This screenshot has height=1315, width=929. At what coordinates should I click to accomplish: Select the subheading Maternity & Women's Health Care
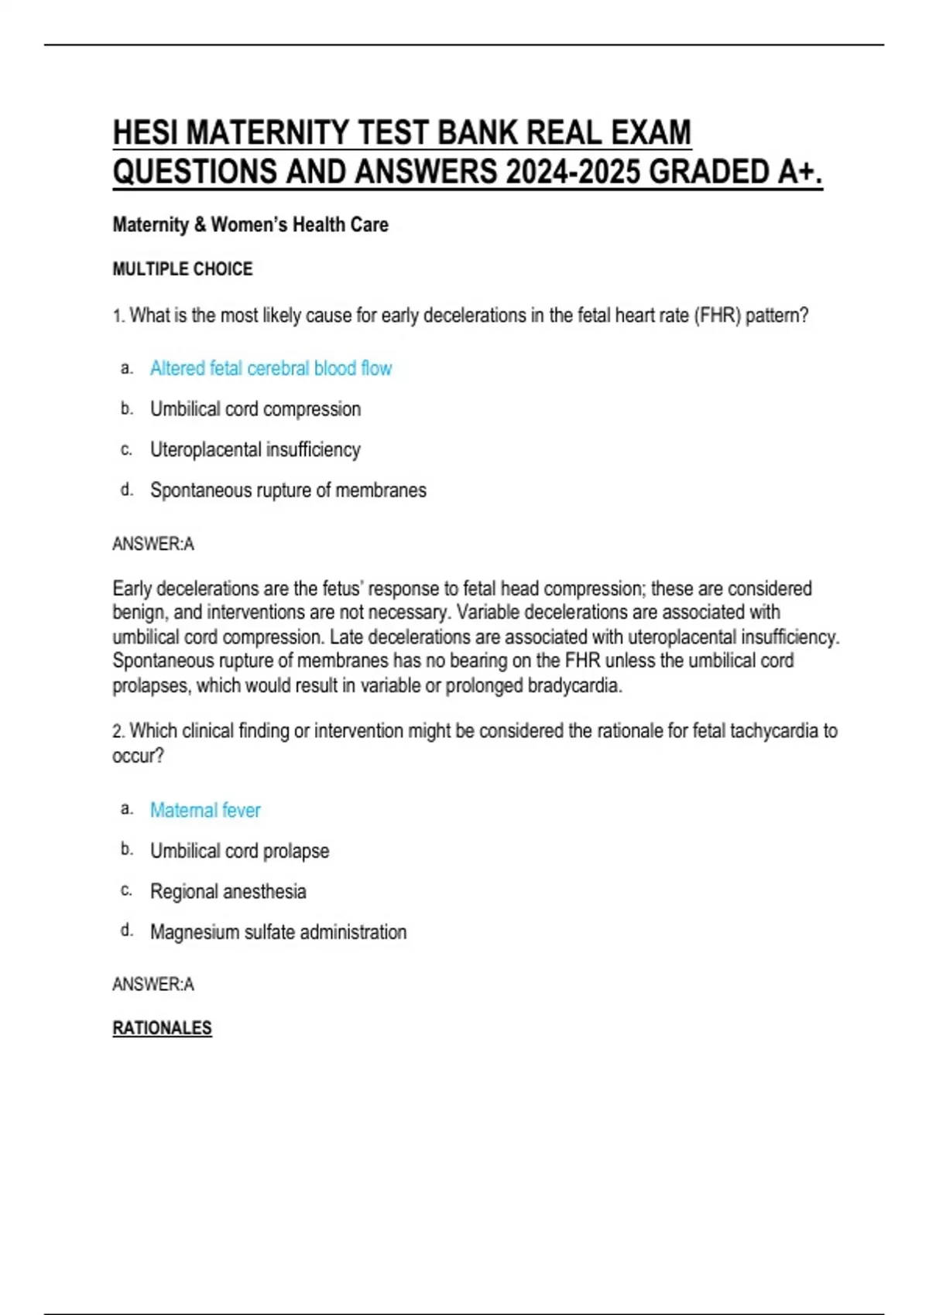click(250, 225)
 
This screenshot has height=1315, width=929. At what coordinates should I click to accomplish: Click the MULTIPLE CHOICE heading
click(183, 269)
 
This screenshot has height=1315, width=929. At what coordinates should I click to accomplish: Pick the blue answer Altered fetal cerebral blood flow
click(271, 368)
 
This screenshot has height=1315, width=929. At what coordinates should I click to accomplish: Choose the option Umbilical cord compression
click(255, 409)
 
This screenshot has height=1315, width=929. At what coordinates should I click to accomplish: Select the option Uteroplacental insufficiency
click(255, 449)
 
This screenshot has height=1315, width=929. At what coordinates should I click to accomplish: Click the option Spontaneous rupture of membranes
click(288, 490)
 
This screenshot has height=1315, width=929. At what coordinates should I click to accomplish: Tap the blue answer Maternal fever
click(205, 810)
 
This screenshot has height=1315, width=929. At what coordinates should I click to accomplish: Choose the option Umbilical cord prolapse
click(239, 851)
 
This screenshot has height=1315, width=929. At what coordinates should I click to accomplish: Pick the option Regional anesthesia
click(228, 891)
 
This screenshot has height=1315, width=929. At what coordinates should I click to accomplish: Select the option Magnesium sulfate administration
click(278, 932)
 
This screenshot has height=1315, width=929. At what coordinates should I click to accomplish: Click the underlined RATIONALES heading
click(162, 1028)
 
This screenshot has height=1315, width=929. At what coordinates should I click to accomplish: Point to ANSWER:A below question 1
click(153, 545)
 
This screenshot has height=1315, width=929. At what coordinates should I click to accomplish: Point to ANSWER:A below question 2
click(153, 985)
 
